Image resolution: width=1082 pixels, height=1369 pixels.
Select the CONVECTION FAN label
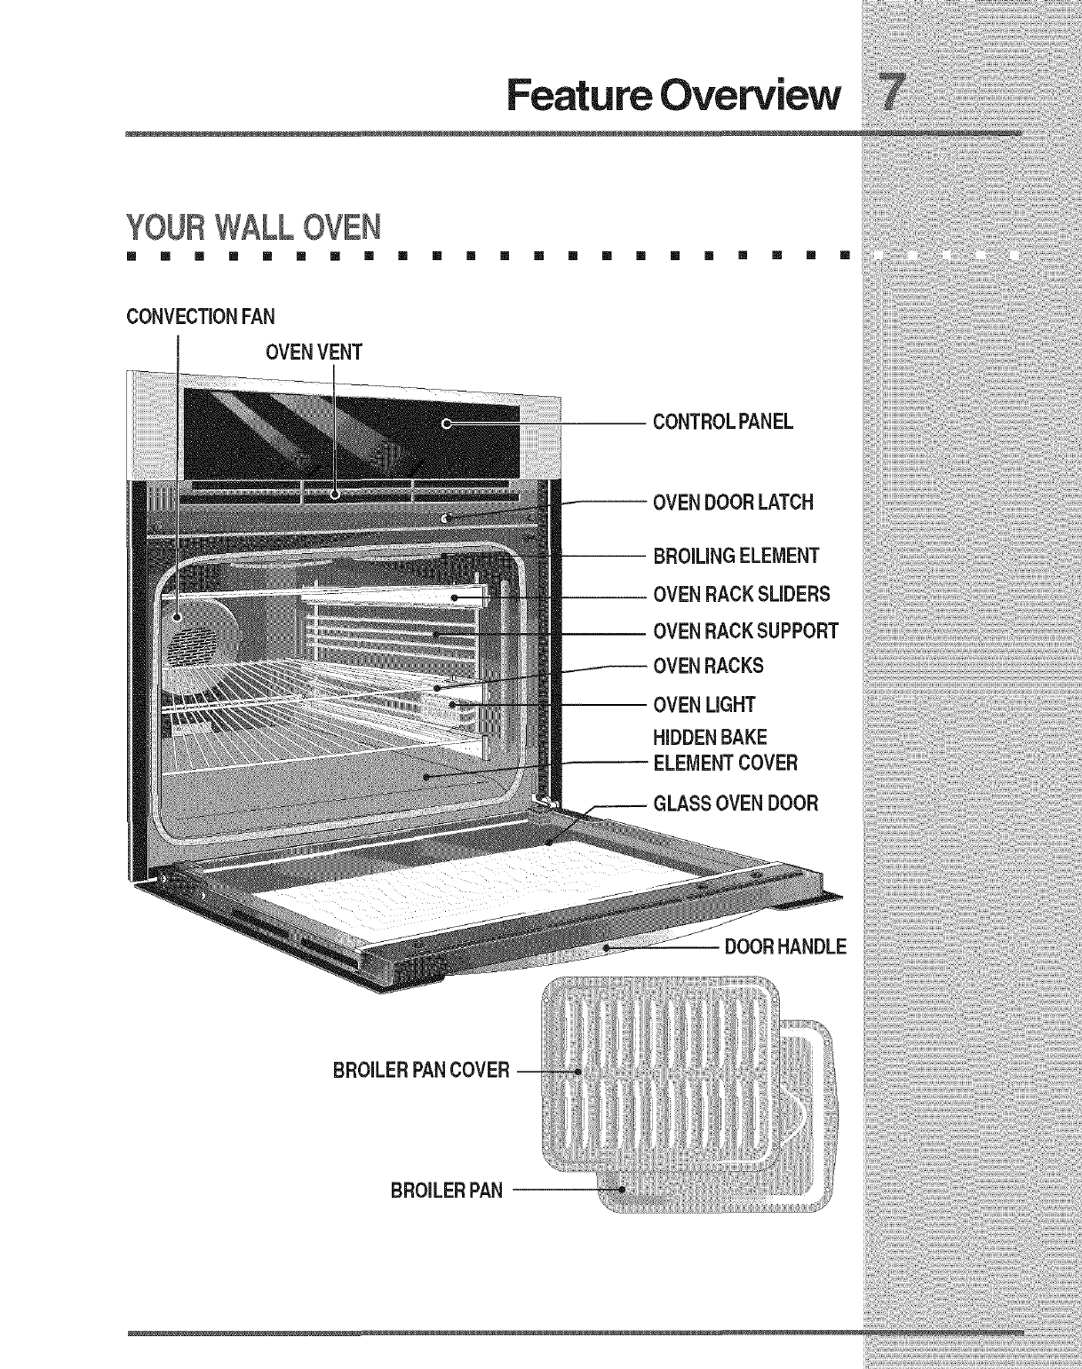tap(201, 317)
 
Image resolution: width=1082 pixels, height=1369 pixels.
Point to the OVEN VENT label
tap(314, 352)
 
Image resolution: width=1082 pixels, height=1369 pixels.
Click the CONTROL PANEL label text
tap(722, 422)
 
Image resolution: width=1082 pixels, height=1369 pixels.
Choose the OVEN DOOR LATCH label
tap(733, 502)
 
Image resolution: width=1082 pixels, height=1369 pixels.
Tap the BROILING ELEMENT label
tap(736, 557)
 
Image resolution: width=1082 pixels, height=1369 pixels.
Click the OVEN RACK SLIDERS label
tap(741, 594)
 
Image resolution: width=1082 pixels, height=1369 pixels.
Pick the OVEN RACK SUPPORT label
tap(745, 631)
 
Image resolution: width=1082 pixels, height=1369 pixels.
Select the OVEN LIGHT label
tap(704, 705)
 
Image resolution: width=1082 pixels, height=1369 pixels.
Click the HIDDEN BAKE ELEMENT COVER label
tap(725, 750)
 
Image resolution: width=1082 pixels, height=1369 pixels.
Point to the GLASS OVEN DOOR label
tap(736, 803)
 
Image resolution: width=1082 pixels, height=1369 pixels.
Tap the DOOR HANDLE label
tap(785, 946)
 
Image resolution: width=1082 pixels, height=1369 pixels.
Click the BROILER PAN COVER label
tap(421, 1070)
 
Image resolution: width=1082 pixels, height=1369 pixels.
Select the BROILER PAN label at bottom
tap(446, 1191)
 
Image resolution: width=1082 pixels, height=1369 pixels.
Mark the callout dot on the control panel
tap(448, 424)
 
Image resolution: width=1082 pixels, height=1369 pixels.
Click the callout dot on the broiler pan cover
tap(579, 1072)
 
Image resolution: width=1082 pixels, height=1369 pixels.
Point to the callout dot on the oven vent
tap(335, 495)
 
